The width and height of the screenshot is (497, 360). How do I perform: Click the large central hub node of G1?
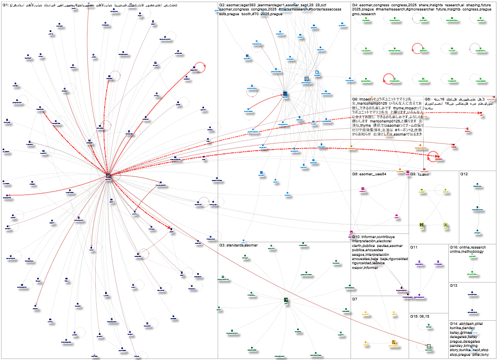pos(108,176)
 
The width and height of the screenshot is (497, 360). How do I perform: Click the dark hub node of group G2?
pos(285,95)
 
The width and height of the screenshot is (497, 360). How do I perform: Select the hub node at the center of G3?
pos(286,300)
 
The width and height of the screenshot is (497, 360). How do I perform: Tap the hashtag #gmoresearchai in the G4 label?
pos(411,9)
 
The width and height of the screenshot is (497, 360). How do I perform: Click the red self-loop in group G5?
pos(434,155)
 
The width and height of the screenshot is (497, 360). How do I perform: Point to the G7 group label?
pos(354,299)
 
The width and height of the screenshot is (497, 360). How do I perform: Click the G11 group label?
pos(414,246)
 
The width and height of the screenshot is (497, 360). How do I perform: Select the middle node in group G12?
pos(477,208)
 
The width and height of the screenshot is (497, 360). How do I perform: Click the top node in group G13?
pos(472,295)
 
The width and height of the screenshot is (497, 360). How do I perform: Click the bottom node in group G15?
pos(428,346)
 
